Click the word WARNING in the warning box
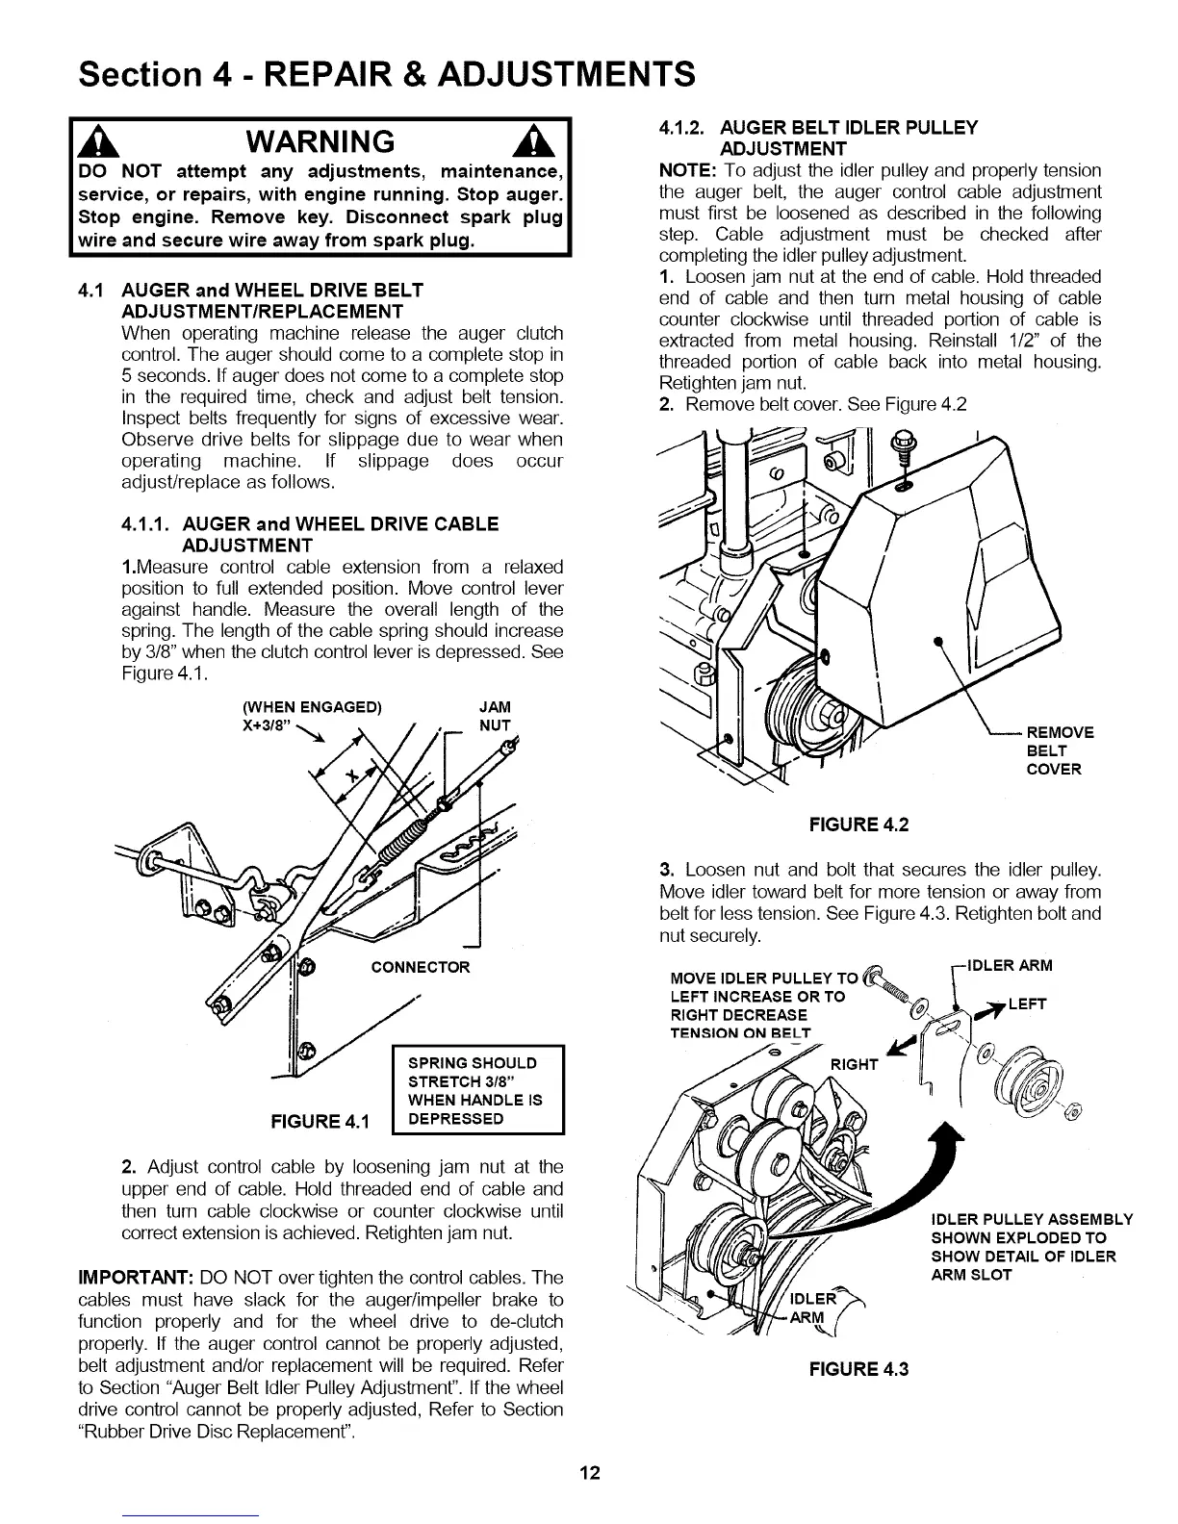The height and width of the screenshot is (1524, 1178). (x=320, y=141)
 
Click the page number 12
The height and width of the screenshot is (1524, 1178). (x=590, y=1473)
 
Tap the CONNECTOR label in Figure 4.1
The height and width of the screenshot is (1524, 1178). (x=421, y=967)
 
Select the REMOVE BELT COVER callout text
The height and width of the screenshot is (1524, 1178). (x=1060, y=750)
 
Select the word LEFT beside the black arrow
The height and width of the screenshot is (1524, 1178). (x=1027, y=1004)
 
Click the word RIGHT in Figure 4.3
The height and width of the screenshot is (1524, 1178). (x=854, y=1064)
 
